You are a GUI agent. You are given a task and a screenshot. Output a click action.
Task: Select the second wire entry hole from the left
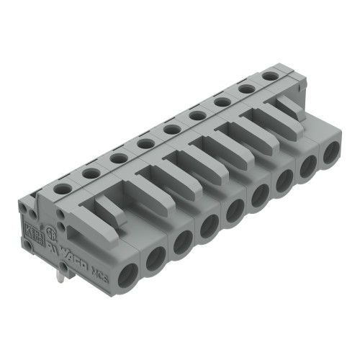156,258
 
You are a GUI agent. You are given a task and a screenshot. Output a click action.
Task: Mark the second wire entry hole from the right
307,167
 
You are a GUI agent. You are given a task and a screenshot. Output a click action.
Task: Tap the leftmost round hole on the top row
63,188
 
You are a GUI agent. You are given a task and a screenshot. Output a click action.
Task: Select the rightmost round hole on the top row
270,76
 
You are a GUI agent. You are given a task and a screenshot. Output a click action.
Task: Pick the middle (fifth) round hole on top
171,130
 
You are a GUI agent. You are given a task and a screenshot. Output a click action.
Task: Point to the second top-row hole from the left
90,173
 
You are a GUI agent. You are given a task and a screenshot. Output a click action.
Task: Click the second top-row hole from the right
246,89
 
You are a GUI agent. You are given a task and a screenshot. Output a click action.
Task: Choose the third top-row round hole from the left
118,158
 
